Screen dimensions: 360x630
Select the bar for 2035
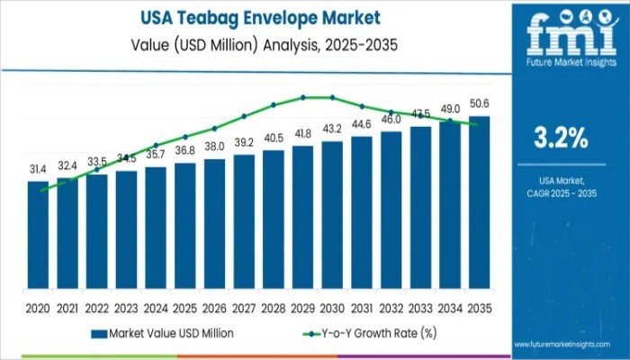(480, 207)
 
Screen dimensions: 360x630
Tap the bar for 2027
(244, 226)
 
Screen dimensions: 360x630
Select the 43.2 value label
(332, 130)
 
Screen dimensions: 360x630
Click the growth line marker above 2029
(303, 97)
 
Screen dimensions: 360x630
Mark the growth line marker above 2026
(214, 128)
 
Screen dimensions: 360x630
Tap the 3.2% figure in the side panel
(561, 139)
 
